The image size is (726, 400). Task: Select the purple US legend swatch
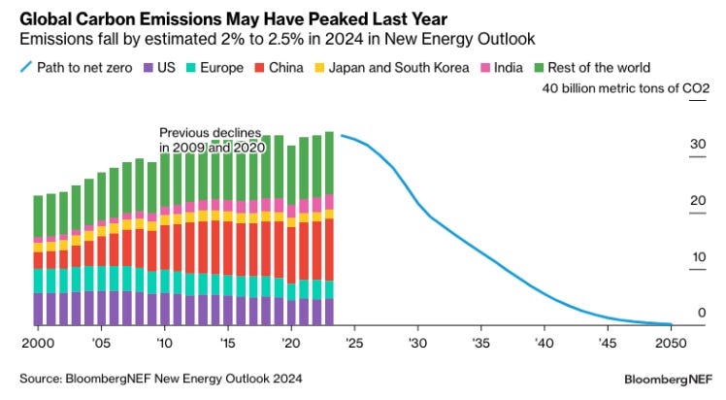pyautogui.click(x=148, y=68)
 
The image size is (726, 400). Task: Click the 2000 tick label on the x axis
pyautogui.click(x=38, y=344)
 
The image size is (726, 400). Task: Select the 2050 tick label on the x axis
pyautogui.click(x=671, y=344)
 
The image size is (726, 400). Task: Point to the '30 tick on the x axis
pyautogui.click(x=418, y=344)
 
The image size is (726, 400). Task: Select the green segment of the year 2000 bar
pyautogui.click(x=38, y=216)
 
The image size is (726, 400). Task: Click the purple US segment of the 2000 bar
pyautogui.click(x=38, y=308)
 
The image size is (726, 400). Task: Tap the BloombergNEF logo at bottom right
pyautogui.click(x=664, y=376)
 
